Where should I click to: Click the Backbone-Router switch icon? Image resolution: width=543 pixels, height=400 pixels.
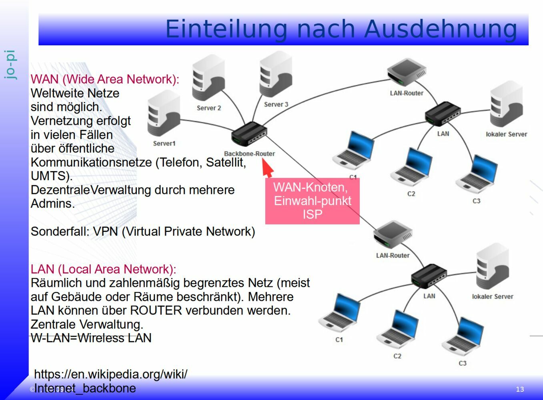(x=249, y=133)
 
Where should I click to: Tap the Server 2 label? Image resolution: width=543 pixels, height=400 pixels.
(x=209, y=108)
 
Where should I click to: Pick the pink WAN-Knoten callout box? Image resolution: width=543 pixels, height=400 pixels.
(x=312, y=201)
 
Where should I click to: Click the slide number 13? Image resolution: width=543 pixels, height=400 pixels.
(x=520, y=389)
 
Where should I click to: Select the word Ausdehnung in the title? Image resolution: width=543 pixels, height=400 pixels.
(x=441, y=29)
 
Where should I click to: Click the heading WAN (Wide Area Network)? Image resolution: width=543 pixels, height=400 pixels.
(x=105, y=79)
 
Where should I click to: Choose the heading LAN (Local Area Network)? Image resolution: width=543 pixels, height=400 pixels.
(x=103, y=269)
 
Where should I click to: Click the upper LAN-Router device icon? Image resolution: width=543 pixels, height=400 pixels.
(x=406, y=73)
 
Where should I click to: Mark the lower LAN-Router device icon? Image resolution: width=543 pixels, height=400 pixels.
(x=393, y=235)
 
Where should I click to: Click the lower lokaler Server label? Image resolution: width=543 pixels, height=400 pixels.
(x=492, y=296)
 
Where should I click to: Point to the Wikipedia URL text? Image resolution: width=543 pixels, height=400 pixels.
(x=110, y=381)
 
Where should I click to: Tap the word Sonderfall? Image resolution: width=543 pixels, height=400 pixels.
(x=60, y=232)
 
